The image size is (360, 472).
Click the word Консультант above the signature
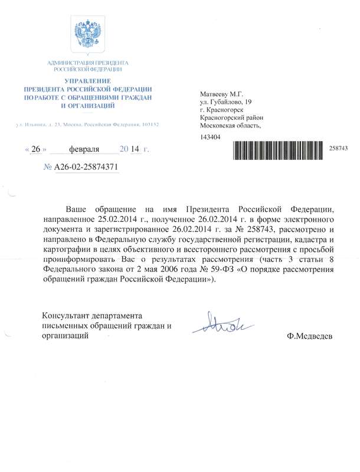[x=67, y=315]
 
